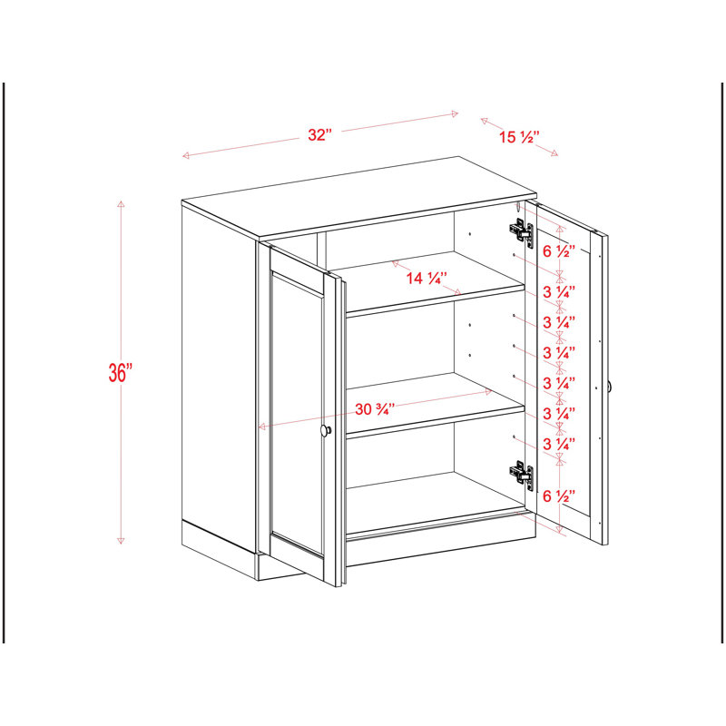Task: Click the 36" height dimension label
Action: click(x=121, y=373)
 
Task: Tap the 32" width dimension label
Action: click(x=320, y=134)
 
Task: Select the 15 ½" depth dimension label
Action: click(x=519, y=137)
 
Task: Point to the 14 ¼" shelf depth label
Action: click(x=427, y=279)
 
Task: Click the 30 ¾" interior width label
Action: click(x=375, y=409)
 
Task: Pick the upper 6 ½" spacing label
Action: click(x=559, y=251)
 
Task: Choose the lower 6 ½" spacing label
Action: click(x=559, y=496)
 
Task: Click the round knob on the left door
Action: click(x=326, y=430)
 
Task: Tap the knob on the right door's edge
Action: click(x=610, y=386)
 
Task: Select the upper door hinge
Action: click(x=521, y=231)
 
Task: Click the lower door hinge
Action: click(x=521, y=472)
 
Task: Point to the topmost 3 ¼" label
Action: click(x=559, y=292)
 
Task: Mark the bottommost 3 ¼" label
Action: click(x=559, y=444)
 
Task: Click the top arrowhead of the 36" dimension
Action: click(x=121, y=204)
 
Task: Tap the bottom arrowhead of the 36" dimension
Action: click(x=121, y=540)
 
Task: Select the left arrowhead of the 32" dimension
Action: click(x=186, y=155)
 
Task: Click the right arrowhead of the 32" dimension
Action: click(x=455, y=114)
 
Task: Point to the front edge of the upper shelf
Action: click(x=436, y=301)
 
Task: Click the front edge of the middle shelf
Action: click(x=436, y=422)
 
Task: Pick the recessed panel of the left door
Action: click(x=297, y=414)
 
